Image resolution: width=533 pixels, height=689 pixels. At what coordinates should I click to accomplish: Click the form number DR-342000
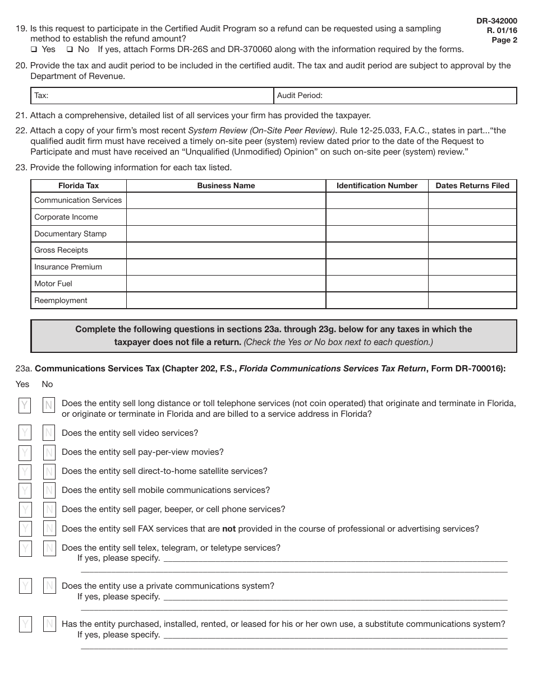[497, 21]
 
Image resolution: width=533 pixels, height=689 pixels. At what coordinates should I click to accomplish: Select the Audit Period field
[396, 96]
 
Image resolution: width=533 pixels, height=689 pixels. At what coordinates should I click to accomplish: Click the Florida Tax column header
[79, 185]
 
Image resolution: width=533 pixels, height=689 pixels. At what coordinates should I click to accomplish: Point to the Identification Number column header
[377, 185]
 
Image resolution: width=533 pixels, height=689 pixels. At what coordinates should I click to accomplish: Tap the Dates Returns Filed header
[472, 185]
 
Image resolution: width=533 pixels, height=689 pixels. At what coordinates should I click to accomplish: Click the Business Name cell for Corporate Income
[226, 217]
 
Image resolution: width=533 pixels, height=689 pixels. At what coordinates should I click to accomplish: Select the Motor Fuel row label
[53, 283]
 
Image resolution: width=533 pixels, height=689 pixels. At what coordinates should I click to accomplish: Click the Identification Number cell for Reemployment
[377, 300]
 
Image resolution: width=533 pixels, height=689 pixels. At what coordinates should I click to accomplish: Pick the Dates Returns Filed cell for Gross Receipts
[472, 250]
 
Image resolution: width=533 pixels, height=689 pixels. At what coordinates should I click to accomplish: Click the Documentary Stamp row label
[70, 234]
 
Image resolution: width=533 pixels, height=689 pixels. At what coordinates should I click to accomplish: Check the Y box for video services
[25, 433]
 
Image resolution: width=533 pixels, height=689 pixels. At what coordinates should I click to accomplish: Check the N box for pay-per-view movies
[49, 453]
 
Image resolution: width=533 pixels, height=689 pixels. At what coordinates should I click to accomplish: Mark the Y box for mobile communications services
[25, 491]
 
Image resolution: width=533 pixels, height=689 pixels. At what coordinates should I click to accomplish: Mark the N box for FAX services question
[49, 529]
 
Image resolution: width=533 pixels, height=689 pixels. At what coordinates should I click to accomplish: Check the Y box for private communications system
[25, 586]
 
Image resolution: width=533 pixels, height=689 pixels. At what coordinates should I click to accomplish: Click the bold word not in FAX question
[229, 529]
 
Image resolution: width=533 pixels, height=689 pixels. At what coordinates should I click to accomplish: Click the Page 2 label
[504, 40]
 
